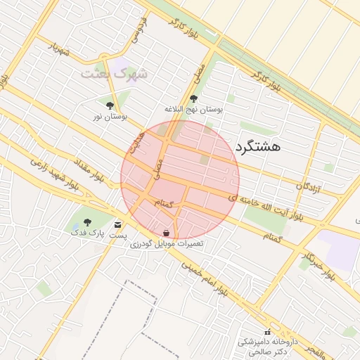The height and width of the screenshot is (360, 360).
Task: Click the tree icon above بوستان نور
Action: coord(110,105)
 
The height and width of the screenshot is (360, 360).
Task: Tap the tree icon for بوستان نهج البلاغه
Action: coord(194,98)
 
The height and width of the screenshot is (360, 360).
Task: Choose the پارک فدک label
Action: coord(87,231)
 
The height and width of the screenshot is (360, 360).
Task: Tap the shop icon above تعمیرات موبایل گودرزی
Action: coord(166,232)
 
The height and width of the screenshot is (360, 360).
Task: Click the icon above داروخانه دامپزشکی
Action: coord(266,331)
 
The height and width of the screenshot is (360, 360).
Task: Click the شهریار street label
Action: coord(60,49)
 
